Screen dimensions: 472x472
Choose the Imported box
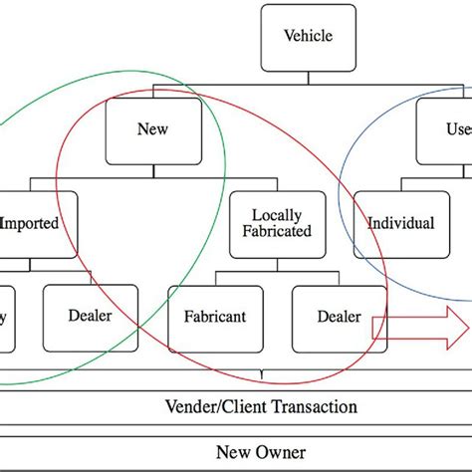pyautogui.click(x=36, y=223)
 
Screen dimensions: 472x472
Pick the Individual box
pyautogui.click(x=400, y=223)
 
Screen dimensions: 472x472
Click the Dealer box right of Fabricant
pyautogui.click(x=339, y=317)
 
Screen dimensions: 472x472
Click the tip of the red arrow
pyautogui.click(x=469, y=325)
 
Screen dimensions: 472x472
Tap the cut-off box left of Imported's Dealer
pyautogui.click(x=7, y=317)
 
